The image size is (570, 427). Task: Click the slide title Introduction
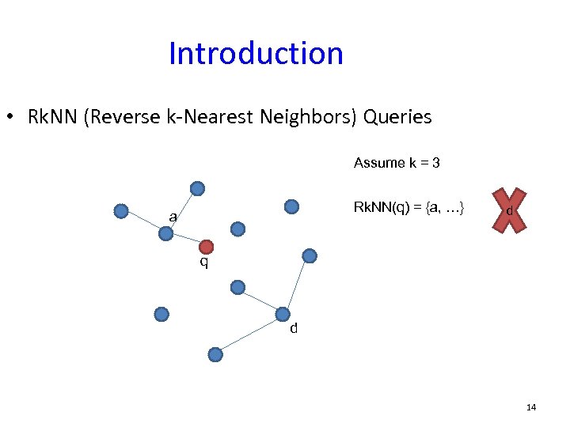pyautogui.click(x=256, y=54)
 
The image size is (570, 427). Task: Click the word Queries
pyautogui.click(x=397, y=118)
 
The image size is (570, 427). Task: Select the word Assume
pyautogui.click(x=379, y=163)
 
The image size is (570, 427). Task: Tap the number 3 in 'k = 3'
pyautogui.click(x=436, y=163)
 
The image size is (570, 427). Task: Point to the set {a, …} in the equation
pyautogui.click(x=446, y=208)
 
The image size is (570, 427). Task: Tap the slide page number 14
pyautogui.click(x=530, y=407)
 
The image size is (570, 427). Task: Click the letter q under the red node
pyautogui.click(x=204, y=263)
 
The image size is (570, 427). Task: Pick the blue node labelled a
pyautogui.click(x=165, y=233)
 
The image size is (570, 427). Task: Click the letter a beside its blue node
pyautogui.click(x=172, y=217)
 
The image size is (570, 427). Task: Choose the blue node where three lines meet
pyautogui.click(x=283, y=314)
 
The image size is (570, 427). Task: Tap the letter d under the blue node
pyautogui.click(x=294, y=329)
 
